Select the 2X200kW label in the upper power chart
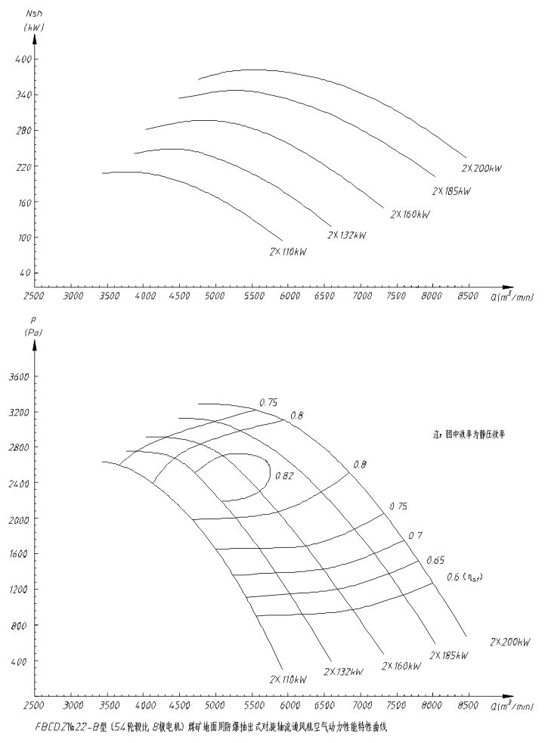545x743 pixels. click(482, 168)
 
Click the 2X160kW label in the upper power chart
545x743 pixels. click(410, 215)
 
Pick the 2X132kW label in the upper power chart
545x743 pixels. click(347, 236)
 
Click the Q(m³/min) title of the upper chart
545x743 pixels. click(511, 299)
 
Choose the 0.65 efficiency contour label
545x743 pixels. click(435, 560)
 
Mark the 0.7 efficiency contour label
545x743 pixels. click(415, 536)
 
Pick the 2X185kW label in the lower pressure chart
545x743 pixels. click(449, 655)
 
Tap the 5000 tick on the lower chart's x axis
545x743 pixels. click(215, 705)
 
